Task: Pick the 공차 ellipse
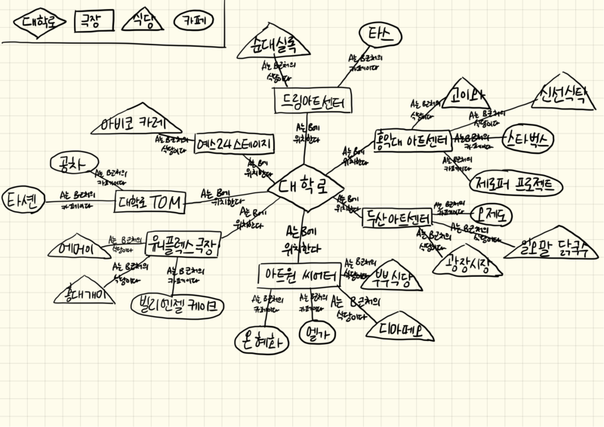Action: [69, 162]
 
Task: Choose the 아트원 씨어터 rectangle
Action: [297, 275]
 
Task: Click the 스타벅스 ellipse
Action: [528, 139]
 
